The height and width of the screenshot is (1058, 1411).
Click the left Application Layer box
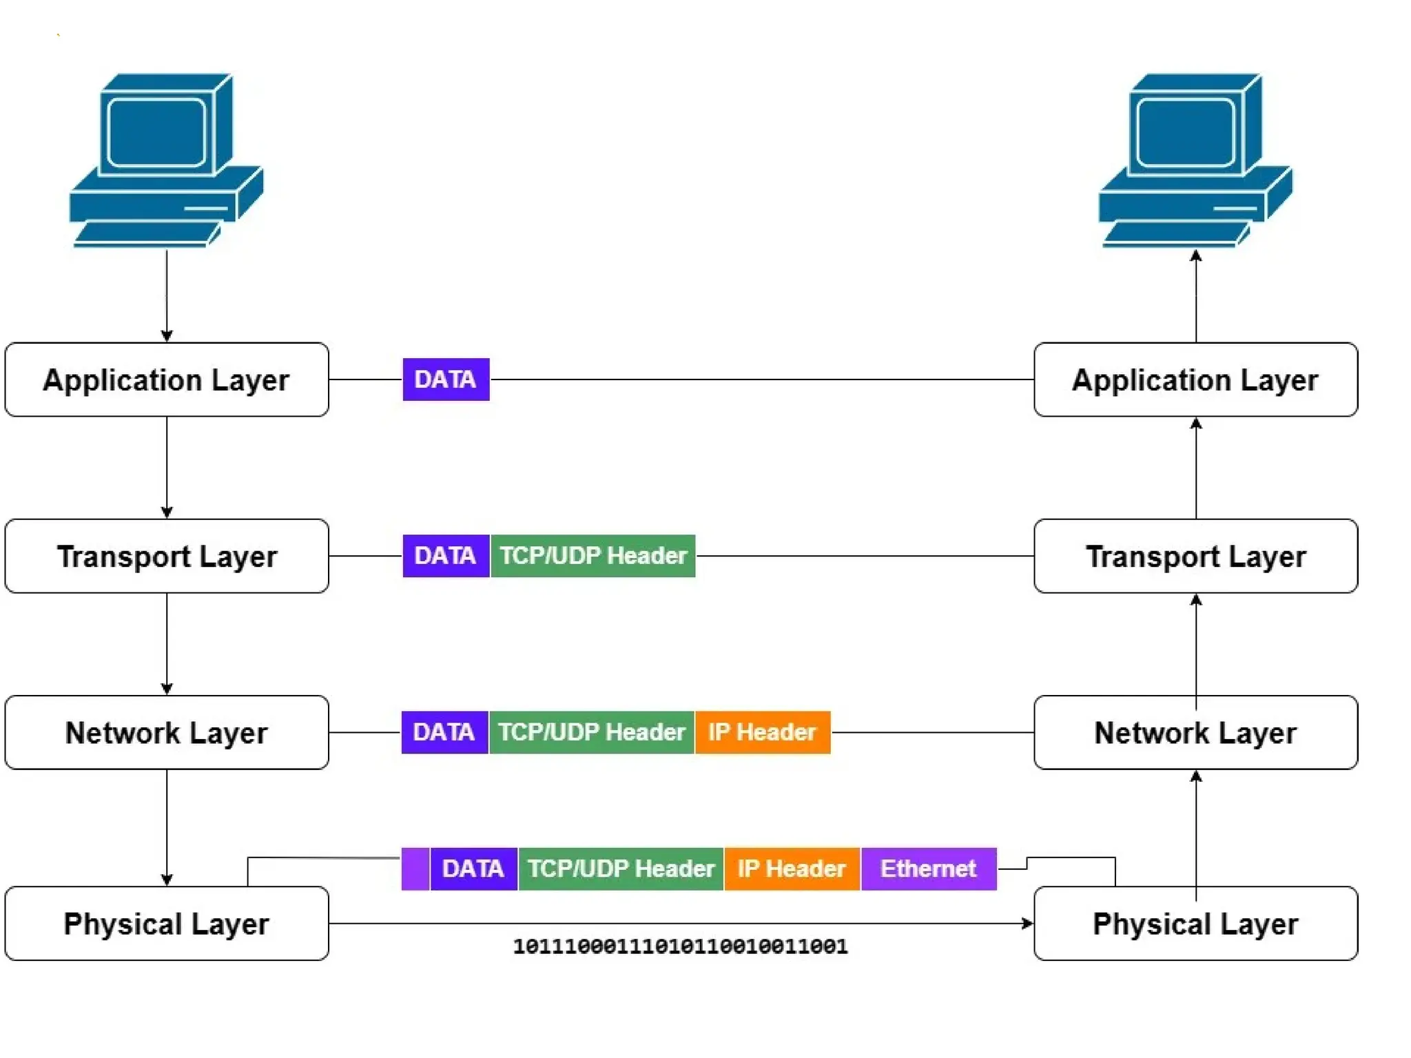tap(166, 380)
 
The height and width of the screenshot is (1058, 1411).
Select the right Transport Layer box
tap(1195, 556)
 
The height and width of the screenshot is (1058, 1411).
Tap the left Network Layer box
tap(166, 732)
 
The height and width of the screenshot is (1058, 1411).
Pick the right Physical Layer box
tap(1195, 924)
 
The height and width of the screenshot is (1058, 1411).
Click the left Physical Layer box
tap(166, 924)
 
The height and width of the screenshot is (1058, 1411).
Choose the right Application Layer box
tap(1195, 380)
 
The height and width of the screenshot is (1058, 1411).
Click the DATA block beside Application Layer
tap(446, 380)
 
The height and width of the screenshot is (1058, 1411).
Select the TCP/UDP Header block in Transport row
tap(593, 556)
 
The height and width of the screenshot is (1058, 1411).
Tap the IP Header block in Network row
tap(762, 732)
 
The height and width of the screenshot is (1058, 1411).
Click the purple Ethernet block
tap(928, 869)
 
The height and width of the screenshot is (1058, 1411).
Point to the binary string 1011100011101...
tap(680, 946)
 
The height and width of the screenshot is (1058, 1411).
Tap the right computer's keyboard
tap(1175, 234)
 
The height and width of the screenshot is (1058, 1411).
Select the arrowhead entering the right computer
tap(1196, 256)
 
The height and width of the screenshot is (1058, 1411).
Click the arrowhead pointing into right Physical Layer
tap(1027, 924)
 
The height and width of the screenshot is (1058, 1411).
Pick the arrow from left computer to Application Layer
tap(167, 296)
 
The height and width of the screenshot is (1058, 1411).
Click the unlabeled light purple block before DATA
tap(415, 869)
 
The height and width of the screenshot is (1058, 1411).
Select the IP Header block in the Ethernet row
tap(792, 869)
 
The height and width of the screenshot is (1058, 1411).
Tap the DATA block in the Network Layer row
tap(444, 732)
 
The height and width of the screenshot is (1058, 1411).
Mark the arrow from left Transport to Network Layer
tap(167, 644)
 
